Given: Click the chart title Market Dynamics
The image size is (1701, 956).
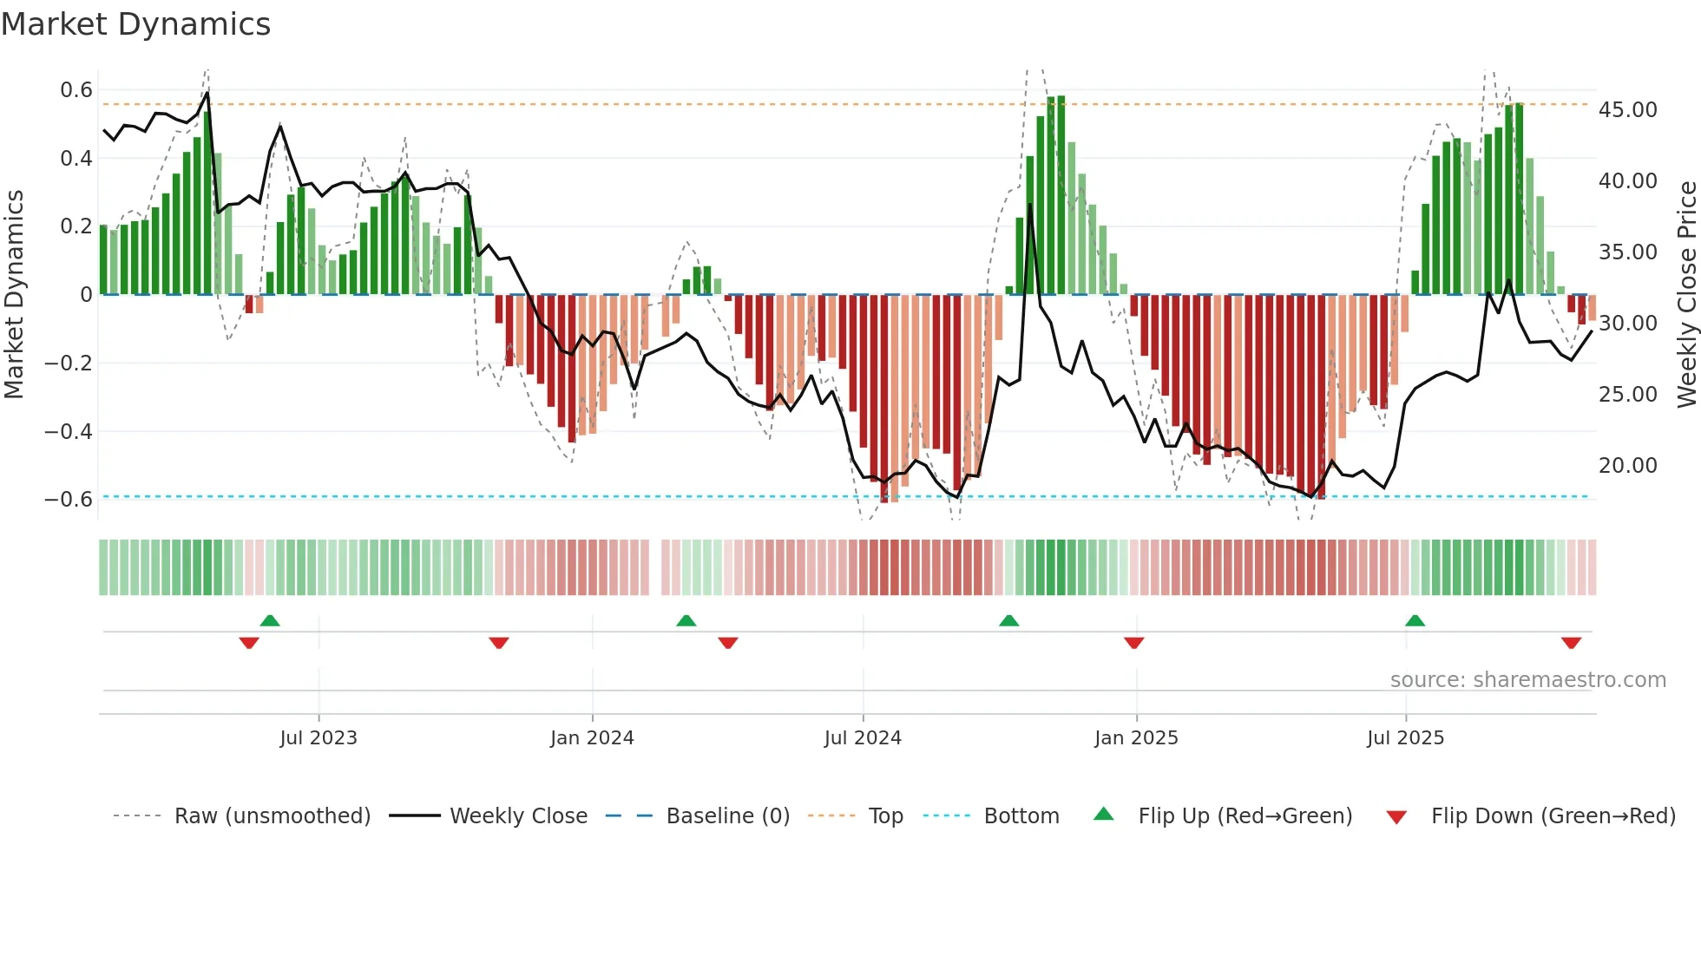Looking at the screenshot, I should click(x=136, y=24).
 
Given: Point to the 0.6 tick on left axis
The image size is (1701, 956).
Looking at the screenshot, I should click(x=76, y=90).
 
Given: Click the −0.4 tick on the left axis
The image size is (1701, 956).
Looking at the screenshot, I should click(x=69, y=431).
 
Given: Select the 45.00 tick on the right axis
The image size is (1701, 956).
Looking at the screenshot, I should click(x=1628, y=110).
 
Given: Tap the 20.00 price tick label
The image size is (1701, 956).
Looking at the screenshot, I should click(x=1628, y=466).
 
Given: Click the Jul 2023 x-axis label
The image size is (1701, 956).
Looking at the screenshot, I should click(x=319, y=738).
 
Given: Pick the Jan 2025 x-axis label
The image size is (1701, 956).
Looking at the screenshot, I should click(x=1136, y=738).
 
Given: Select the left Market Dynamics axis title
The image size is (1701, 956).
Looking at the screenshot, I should click(x=14, y=295).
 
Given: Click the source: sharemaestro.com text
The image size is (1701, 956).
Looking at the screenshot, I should click(x=1527, y=680).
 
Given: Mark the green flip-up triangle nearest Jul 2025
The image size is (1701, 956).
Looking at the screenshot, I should click(x=1415, y=620).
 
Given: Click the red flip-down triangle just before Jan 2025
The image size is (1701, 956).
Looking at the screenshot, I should click(x=1133, y=643).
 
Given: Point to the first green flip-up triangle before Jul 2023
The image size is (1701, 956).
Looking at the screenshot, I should click(x=270, y=620).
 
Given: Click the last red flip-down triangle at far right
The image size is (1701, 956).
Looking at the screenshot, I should click(x=1571, y=643).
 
